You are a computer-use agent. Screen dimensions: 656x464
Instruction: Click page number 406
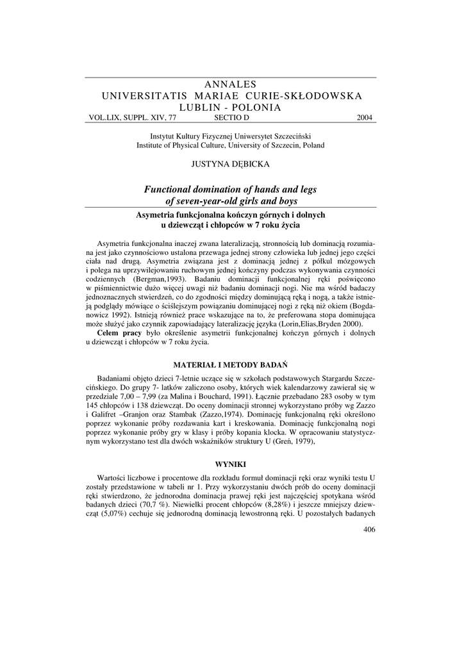point(369,529)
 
